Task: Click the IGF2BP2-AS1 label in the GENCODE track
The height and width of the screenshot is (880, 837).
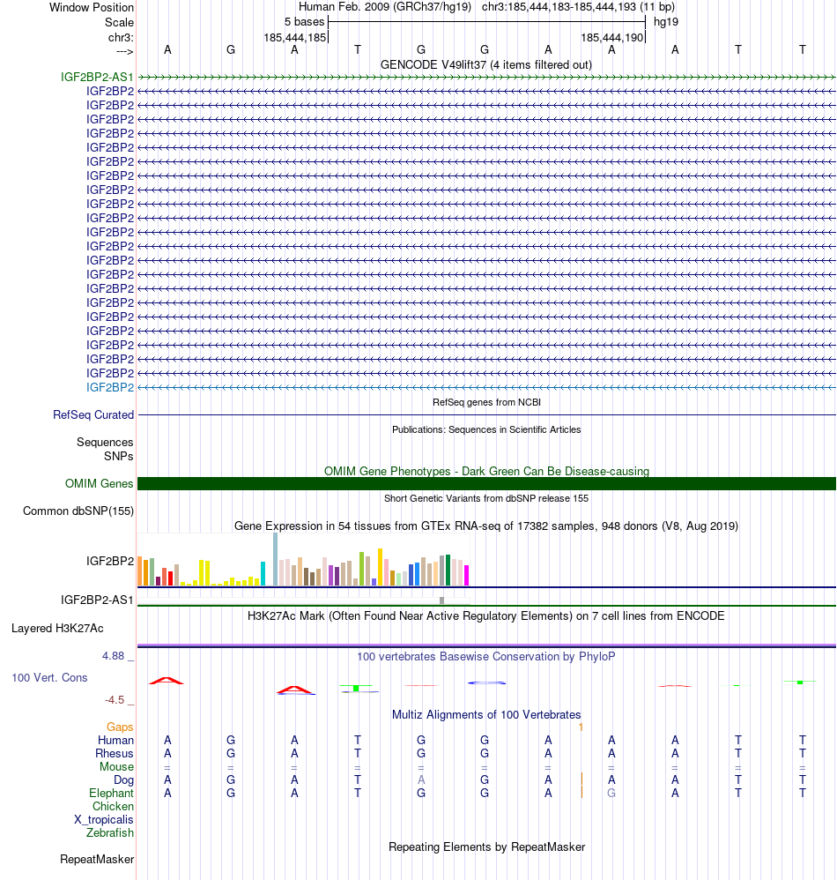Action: pos(97,77)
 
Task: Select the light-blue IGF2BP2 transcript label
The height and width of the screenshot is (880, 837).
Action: pos(110,387)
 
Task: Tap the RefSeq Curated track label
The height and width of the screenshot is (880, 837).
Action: pos(93,414)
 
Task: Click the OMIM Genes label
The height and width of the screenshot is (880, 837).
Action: pos(100,483)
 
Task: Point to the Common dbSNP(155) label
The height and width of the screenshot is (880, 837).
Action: pos(78,511)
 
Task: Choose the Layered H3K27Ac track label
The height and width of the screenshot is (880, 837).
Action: pos(57,629)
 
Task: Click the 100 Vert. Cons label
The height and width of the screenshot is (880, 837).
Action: pos(49,677)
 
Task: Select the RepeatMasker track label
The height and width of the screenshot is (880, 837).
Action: pos(97,859)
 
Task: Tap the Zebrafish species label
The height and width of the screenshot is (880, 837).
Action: pos(110,832)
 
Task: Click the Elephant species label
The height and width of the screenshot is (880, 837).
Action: pos(111,793)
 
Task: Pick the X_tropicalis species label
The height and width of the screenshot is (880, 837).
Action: pos(104,819)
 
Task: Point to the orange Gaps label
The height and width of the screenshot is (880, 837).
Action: pos(120,727)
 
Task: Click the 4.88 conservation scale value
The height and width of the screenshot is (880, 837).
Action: pos(115,656)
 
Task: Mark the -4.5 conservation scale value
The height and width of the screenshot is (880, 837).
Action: pos(115,700)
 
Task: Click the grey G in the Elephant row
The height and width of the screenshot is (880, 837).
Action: pos(611,793)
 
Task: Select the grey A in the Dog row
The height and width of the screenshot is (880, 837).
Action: pos(421,779)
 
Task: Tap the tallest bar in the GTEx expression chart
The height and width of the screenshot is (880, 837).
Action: pos(276,559)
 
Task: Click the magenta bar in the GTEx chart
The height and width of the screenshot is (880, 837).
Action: pos(467,575)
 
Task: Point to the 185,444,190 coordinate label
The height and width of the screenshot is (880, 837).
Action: pos(611,38)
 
